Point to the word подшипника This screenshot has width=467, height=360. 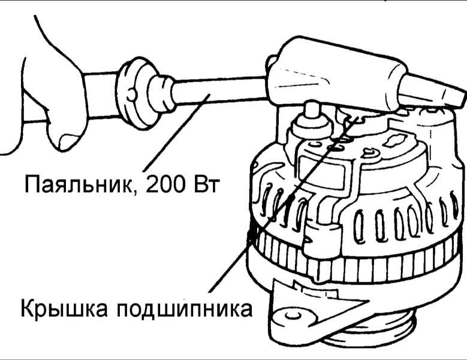(x=185, y=310)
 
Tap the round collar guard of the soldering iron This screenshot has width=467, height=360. (x=135, y=93)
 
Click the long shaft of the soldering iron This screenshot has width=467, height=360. (x=221, y=91)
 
